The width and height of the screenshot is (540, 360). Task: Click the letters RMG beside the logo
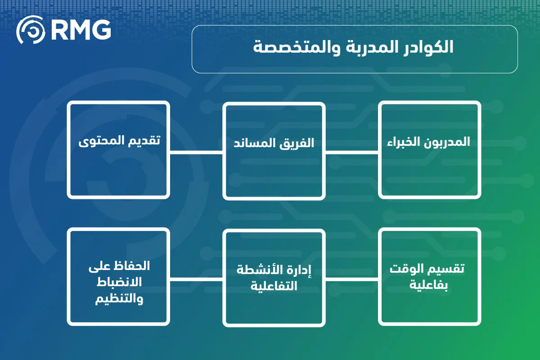click(x=81, y=30)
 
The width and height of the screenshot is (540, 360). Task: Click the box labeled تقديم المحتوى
click(x=118, y=150)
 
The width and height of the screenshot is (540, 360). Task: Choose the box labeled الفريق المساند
click(x=274, y=151)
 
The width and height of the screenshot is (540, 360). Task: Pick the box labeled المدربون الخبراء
click(x=430, y=150)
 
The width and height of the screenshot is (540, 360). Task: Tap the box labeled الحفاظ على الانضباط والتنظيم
click(x=118, y=277)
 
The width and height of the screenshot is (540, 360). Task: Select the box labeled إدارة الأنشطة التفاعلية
click(x=274, y=278)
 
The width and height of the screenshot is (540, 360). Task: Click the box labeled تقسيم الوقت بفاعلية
click(x=430, y=277)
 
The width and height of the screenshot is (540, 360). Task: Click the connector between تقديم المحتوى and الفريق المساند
click(x=196, y=153)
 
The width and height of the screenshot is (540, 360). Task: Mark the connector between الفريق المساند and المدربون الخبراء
click(x=352, y=153)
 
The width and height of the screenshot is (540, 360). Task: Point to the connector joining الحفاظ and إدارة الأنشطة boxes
click(x=196, y=279)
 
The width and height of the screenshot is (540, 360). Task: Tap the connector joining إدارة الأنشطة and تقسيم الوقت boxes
click(x=352, y=279)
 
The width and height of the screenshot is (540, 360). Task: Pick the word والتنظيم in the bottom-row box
click(x=119, y=299)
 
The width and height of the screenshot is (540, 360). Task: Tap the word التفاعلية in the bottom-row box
click(x=274, y=286)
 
